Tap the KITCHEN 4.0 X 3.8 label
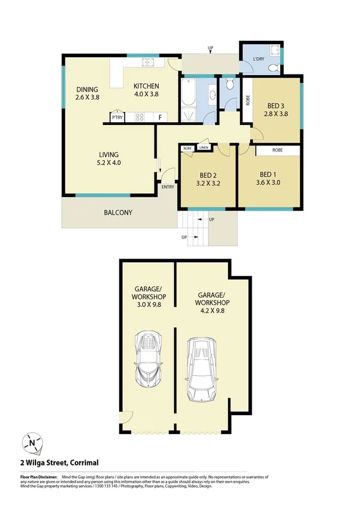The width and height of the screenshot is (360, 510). (x=145, y=90)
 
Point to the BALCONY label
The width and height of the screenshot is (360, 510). (x=118, y=212)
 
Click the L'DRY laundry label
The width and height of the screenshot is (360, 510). (x=260, y=60)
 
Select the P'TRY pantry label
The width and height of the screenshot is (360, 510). (x=117, y=118)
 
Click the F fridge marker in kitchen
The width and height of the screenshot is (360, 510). (x=160, y=118)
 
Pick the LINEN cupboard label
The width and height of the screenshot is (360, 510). (x=204, y=147)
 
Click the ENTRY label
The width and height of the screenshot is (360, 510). (x=168, y=187)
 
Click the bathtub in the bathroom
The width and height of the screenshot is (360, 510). (x=188, y=94)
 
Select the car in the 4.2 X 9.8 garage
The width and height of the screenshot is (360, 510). (x=203, y=368)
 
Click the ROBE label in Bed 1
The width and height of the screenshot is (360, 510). (x=277, y=150)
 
